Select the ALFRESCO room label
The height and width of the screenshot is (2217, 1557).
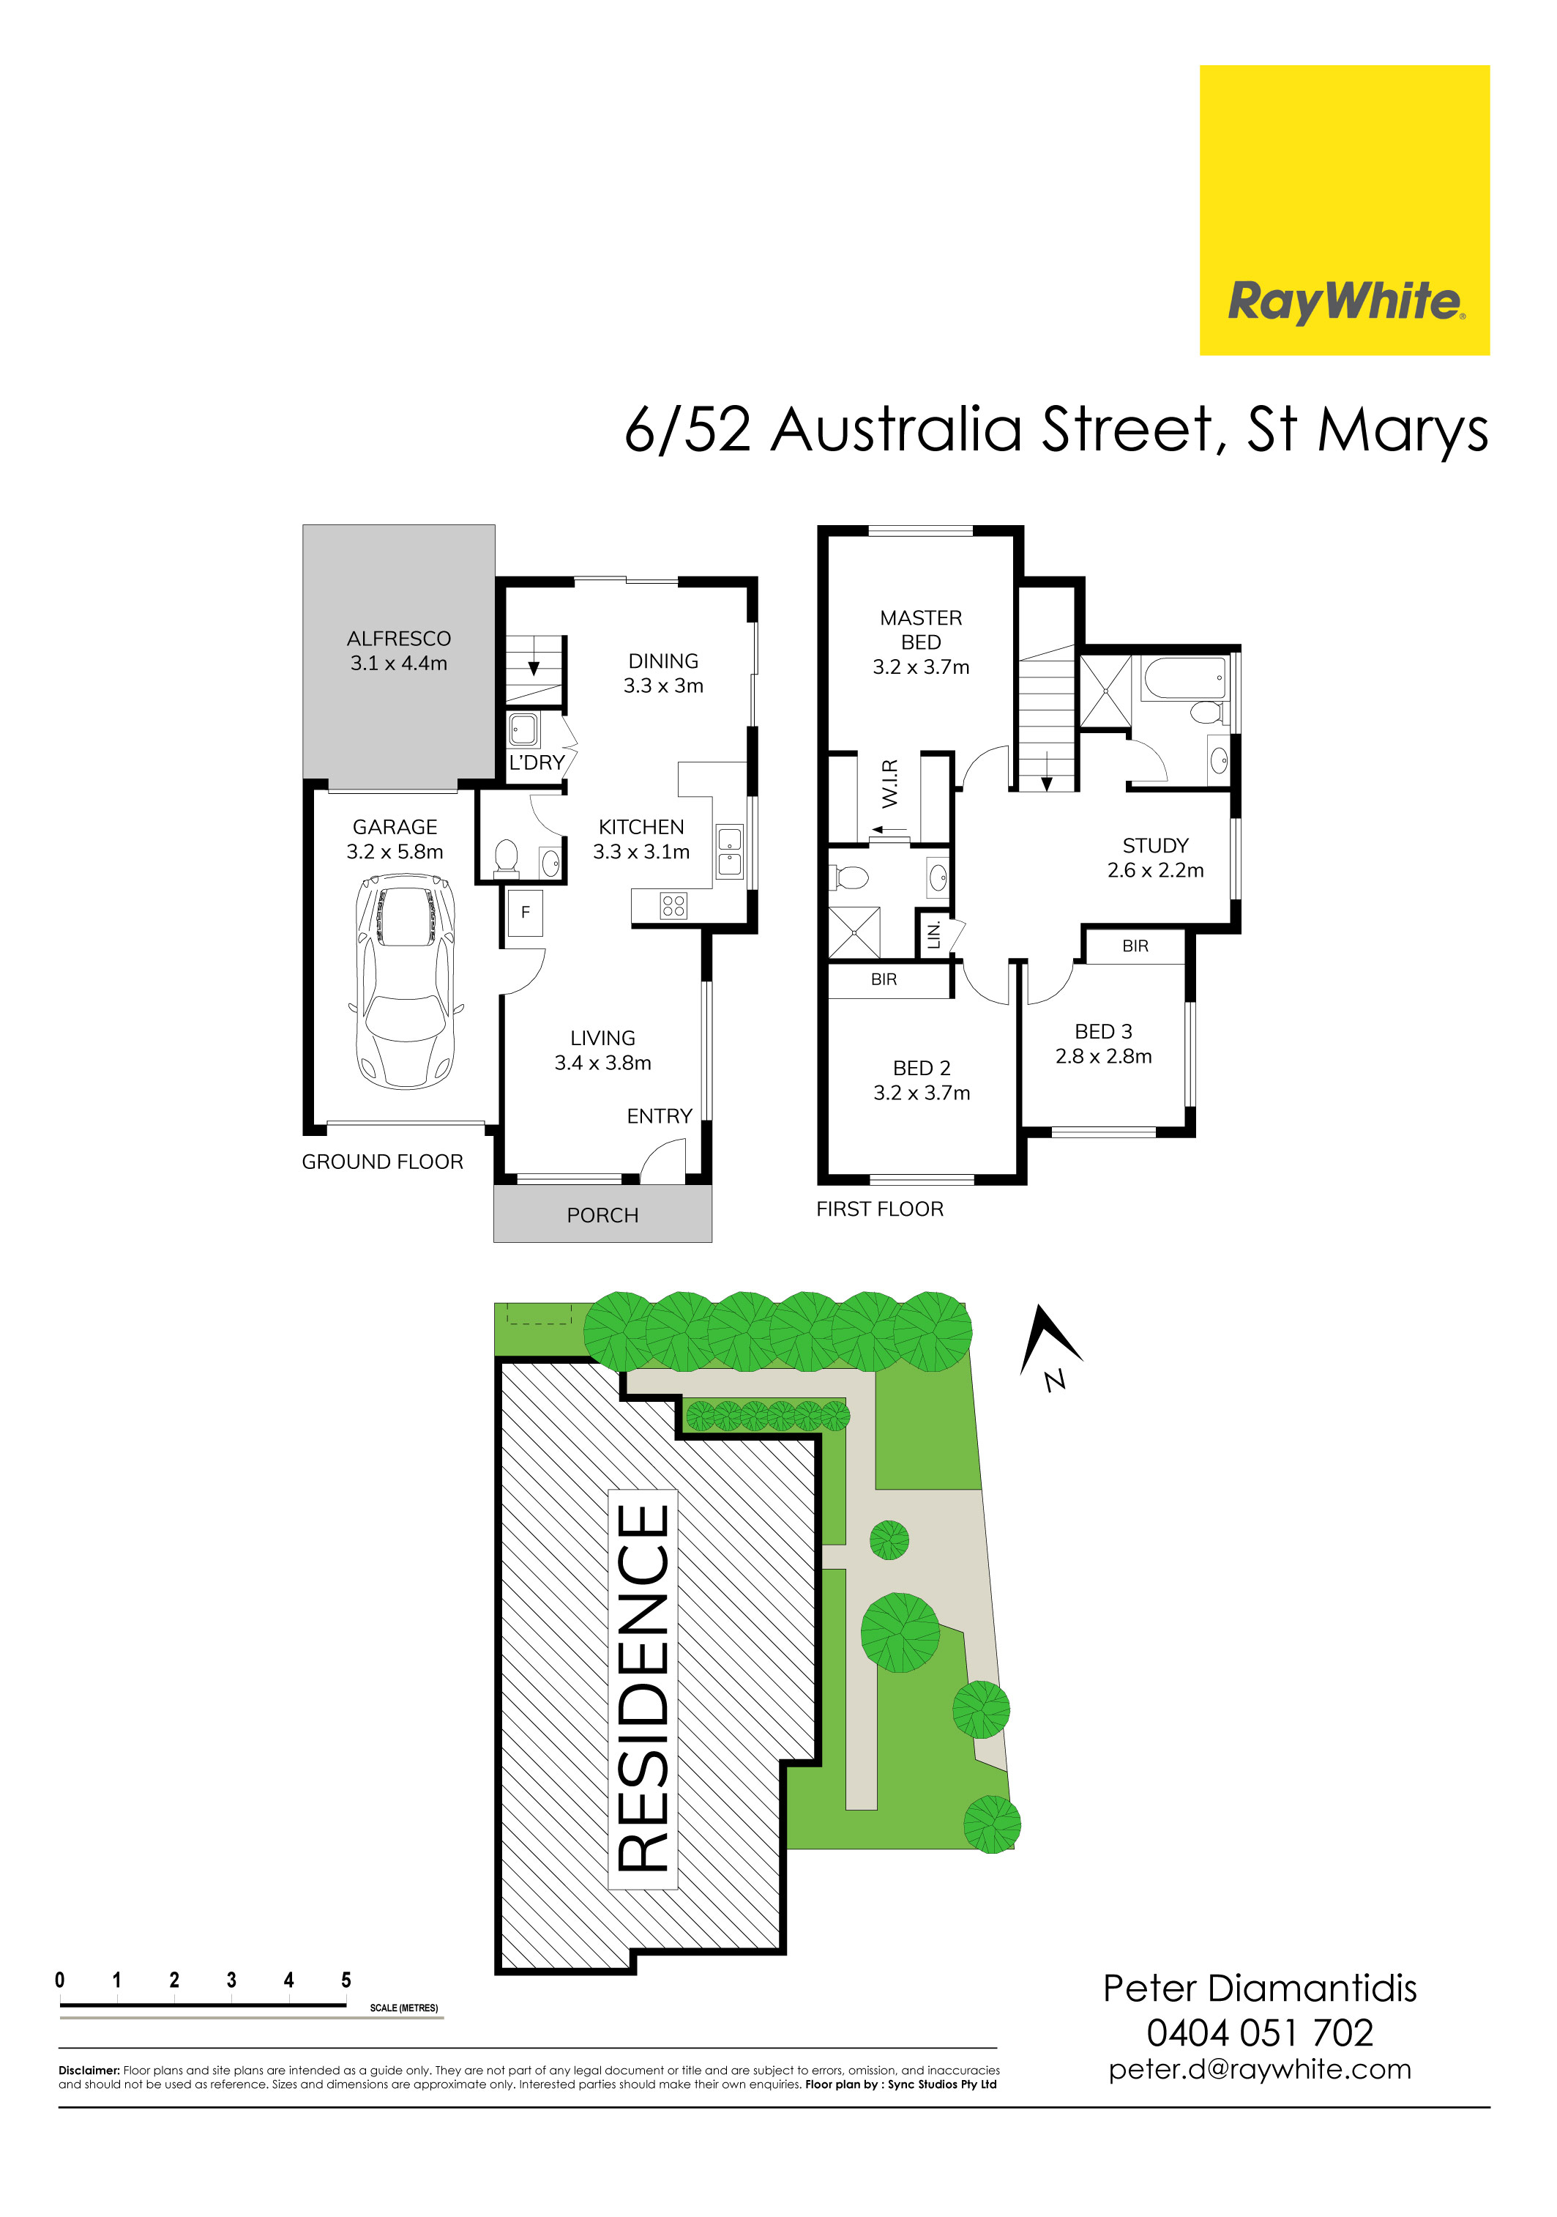[399, 638]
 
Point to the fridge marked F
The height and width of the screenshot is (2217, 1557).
[525, 912]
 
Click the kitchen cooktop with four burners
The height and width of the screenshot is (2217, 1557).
[673, 905]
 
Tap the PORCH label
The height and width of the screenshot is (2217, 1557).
[602, 1215]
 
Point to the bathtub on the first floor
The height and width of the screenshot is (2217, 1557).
[1184, 678]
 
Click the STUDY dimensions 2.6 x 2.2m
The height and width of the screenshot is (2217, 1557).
[1155, 870]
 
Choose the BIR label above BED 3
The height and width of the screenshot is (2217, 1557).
[1135, 946]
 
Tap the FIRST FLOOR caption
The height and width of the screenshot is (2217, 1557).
[879, 1209]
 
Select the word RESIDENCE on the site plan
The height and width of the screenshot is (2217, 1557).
[643, 1689]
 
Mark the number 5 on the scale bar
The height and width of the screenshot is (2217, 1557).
[346, 1980]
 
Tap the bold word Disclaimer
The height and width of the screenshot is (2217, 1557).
[89, 2071]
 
